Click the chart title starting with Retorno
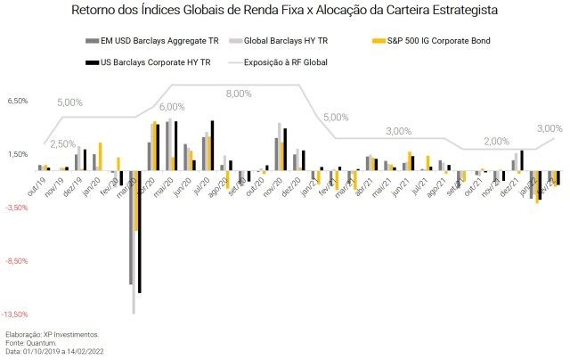284,11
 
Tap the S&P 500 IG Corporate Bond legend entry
437,42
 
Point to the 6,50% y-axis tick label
19,101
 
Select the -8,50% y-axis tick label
19,261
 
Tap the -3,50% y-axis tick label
19,208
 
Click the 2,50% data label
62,143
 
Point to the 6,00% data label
172,107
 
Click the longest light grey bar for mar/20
134,241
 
